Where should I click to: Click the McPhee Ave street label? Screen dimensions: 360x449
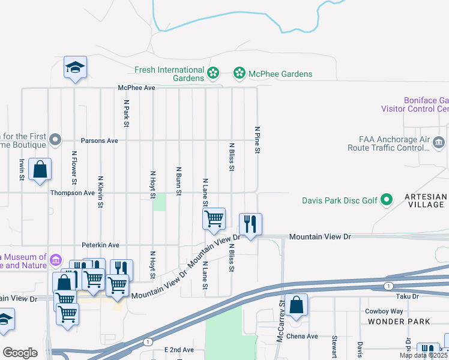137,88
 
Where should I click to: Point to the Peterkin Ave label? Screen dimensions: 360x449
100,245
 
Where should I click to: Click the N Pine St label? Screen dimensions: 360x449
257,140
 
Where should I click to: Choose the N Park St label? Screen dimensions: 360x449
127,113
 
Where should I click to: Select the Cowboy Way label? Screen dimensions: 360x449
384,311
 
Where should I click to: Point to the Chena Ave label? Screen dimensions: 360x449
301,336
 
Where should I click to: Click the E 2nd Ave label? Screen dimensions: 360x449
179,349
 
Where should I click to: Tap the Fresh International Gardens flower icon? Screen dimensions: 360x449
213,74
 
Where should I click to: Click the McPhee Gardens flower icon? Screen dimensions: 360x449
240,74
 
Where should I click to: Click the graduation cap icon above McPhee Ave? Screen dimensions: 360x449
76,67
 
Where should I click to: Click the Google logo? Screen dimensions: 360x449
20,352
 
